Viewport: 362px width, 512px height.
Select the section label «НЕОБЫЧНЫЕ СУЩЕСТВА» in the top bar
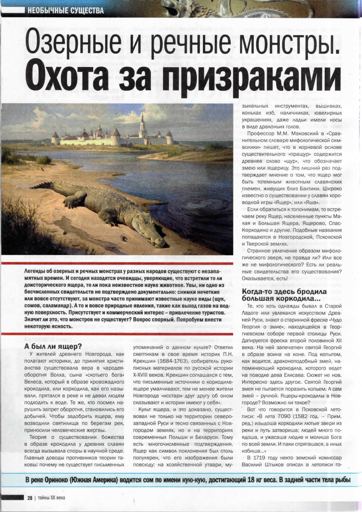[x=66, y=11]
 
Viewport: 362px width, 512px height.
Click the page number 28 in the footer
[x=30, y=498]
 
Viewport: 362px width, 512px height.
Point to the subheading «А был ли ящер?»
[x=53, y=346]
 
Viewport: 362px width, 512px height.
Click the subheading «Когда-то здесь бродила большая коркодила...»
[x=284, y=295]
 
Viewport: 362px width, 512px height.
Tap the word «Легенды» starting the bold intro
[x=34, y=271]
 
